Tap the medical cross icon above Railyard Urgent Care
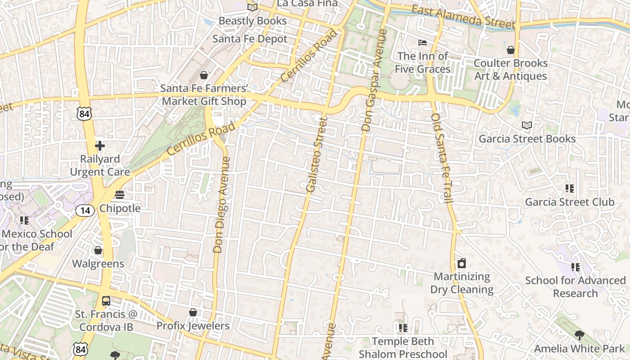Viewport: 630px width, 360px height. click(x=100, y=146)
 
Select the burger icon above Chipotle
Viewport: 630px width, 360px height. click(x=120, y=195)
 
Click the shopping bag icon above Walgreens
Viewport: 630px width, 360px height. click(x=98, y=250)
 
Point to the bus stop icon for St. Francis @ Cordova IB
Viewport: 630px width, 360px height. click(x=106, y=301)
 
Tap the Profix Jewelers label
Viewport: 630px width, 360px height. click(x=193, y=326)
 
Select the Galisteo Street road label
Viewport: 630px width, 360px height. click(x=316, y=155)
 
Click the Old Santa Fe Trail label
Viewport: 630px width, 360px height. click(x=441, y=158)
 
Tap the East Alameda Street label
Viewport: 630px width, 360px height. click(x=463, y=17)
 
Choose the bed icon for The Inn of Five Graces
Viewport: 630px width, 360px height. click(x=423, y=43)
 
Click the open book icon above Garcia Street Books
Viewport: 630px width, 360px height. click(x=527, y=125)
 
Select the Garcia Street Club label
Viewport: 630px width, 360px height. click(x=570, y=202)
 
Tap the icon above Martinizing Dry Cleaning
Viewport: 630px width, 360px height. click(x=462, y=263)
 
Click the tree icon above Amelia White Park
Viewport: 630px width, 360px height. click(x=579, y=335)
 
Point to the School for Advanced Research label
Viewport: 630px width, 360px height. click(x=576, y=287)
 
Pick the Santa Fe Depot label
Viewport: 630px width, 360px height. click(x=250, y=39)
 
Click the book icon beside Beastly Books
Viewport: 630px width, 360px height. click(x=252, y=7)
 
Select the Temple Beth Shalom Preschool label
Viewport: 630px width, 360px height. click(x=403, y=348)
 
